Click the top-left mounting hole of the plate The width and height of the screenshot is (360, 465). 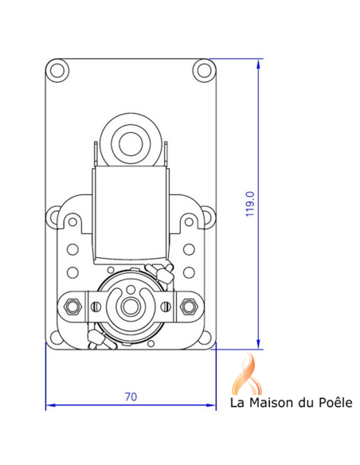[x=57, y=70]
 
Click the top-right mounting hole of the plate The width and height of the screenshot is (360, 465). [x=202, y=70]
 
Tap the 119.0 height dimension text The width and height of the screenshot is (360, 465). [x=250, y=205]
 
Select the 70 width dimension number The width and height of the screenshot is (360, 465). [x=131, y=396]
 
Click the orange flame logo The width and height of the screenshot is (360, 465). [x=246, y=372]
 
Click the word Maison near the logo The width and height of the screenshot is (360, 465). [x=269, y=403]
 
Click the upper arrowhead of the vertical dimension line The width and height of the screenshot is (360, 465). [x=259, y=64]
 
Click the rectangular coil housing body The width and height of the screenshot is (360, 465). [x=129, y=215]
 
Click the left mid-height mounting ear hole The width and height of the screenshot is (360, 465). [x=53, y=213]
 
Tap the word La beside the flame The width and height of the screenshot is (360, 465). [x=237, y=403]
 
